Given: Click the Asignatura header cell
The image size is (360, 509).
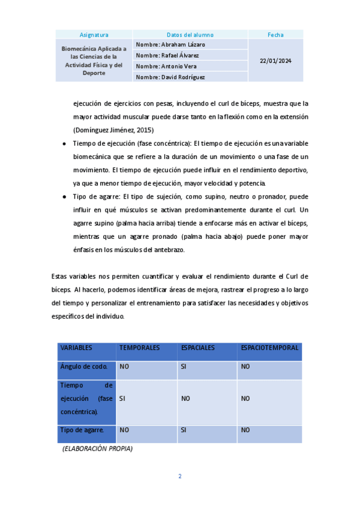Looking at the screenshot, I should [x=94, y=35].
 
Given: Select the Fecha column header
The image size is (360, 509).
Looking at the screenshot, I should [x=275, y=35].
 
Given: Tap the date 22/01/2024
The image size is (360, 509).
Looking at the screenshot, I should [x=275, y=61].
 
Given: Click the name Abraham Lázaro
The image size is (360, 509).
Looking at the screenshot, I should [x=162, y=45].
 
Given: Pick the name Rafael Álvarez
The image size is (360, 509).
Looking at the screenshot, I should [x=160, y=56].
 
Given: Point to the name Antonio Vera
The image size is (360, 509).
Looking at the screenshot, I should [x=158, y=67].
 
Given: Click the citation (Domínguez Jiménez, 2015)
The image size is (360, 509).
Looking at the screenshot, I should [x=113, y=130].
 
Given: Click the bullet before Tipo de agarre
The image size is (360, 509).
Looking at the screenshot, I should [x=64, y=197].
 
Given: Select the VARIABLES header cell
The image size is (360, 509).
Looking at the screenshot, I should [x=76, y=348].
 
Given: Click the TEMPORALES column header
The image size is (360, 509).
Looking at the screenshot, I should [x=139, y=348].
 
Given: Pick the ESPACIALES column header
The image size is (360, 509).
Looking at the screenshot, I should [x=198, y=348].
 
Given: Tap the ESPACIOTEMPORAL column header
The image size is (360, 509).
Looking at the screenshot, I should [x=269, y=348].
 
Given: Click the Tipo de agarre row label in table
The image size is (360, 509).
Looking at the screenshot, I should [x=82, y=430].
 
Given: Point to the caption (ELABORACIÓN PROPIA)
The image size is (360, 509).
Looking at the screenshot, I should [x=97, y=448].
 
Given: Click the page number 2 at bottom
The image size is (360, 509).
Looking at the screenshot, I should [x=179, y=477].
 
